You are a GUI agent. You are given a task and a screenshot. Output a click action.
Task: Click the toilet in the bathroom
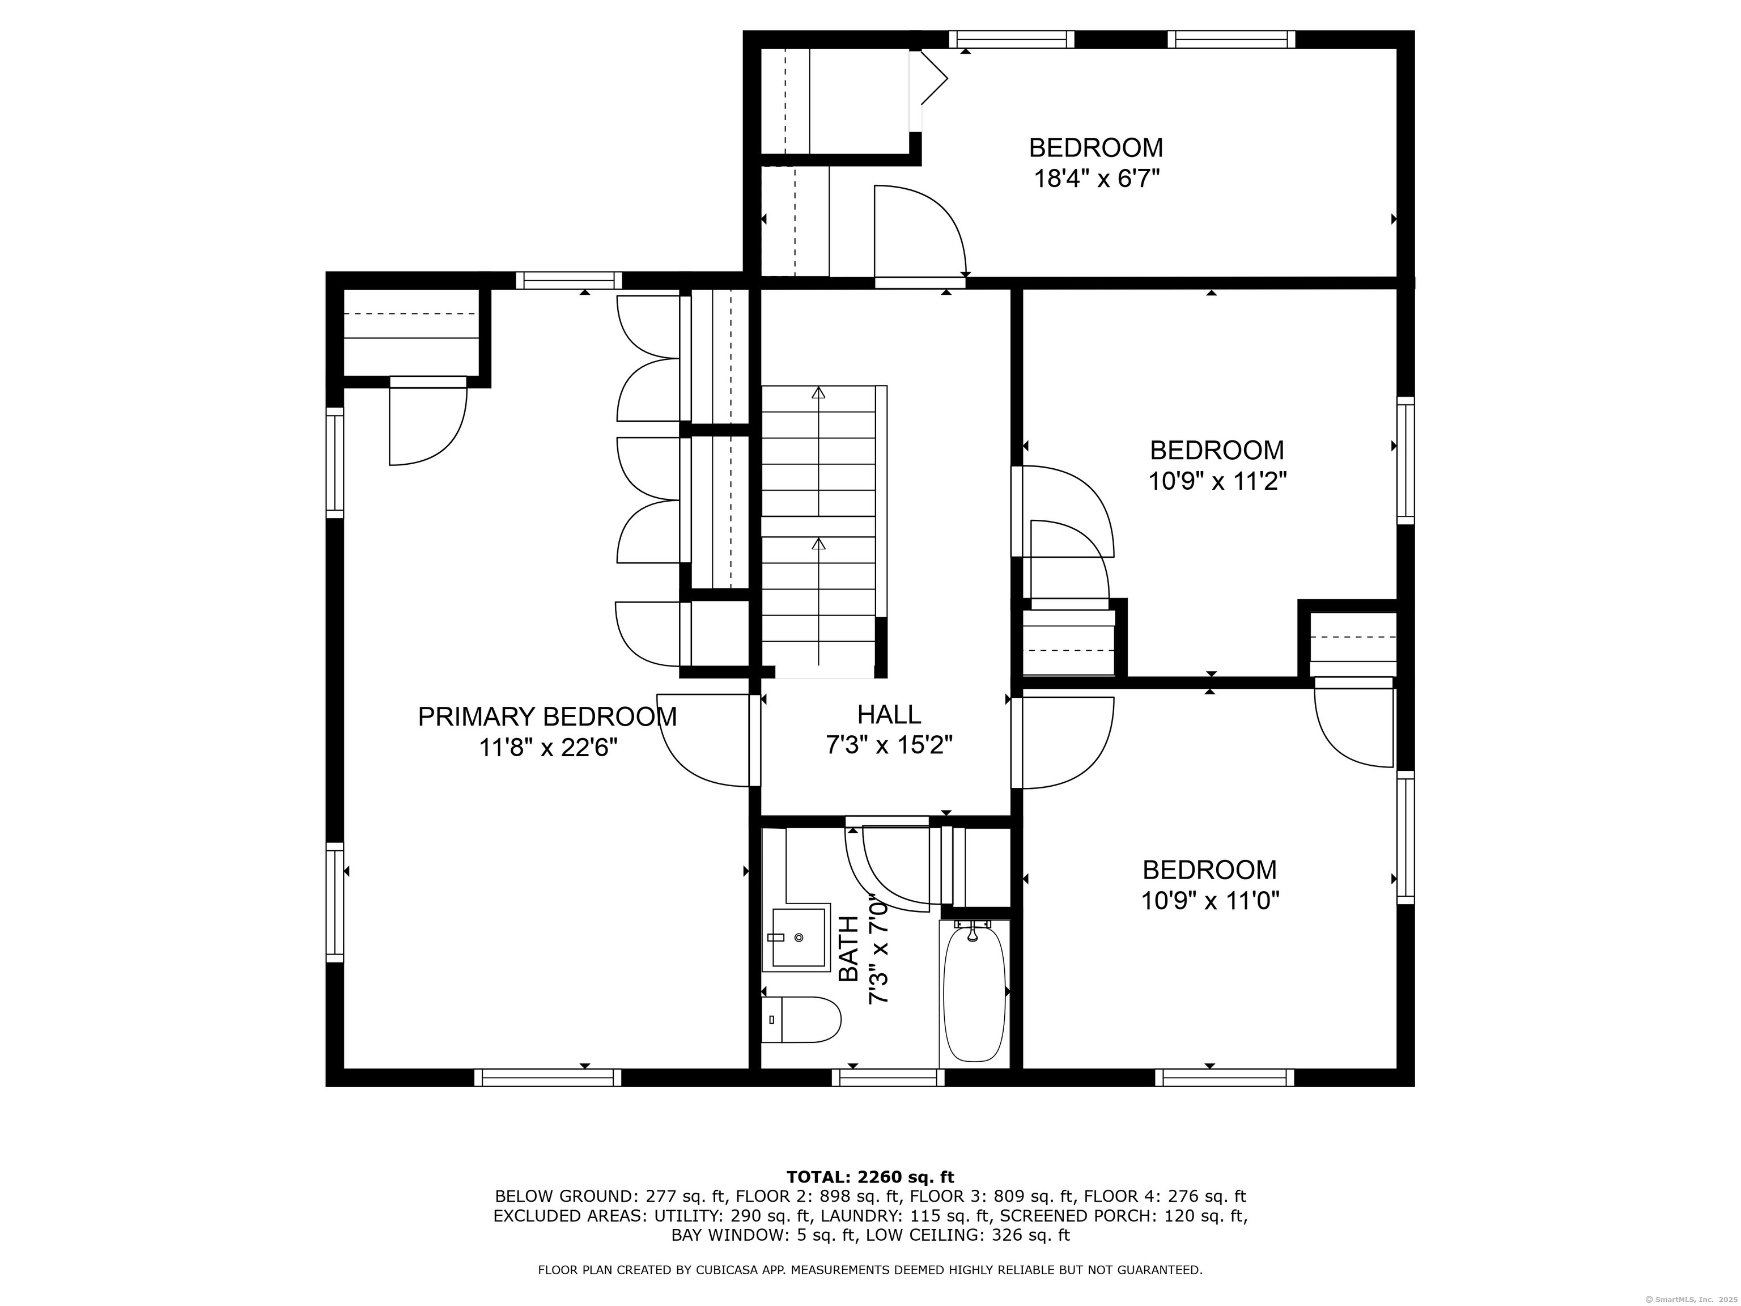(801, 1019)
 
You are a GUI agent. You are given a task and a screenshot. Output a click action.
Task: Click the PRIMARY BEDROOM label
(547, 716)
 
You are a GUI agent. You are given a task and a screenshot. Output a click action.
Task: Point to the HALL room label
(889, 714)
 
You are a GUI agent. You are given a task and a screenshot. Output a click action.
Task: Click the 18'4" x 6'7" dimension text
(1097, 179)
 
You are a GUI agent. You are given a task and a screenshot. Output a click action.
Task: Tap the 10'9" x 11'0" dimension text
(1210, 900)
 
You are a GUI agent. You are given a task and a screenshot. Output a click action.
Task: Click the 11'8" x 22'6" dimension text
(548, 747)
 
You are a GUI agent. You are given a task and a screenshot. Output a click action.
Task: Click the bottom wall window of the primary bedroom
(548, 1077)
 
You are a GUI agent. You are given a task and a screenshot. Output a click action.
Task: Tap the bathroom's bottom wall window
(889, 1077)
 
